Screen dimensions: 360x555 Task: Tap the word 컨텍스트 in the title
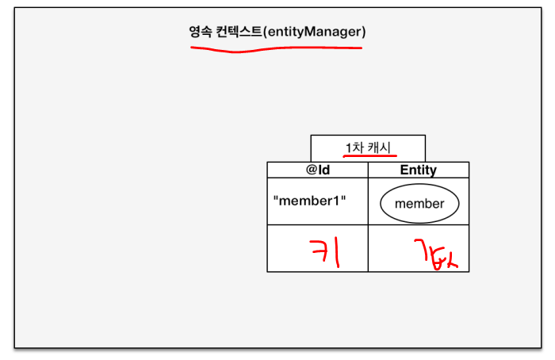pos(238,32)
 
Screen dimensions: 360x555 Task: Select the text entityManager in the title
pos(315,32)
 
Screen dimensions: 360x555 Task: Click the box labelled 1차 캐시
pos(368,148)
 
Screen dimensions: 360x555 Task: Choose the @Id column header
pos(317,170)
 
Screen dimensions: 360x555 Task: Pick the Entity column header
pos(418,170)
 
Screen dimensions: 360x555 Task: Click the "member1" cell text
pos(310,200)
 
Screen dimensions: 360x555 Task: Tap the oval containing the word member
pos(419,203)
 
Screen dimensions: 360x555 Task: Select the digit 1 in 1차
pos(348,147)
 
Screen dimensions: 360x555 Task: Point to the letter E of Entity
pos(404,170)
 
